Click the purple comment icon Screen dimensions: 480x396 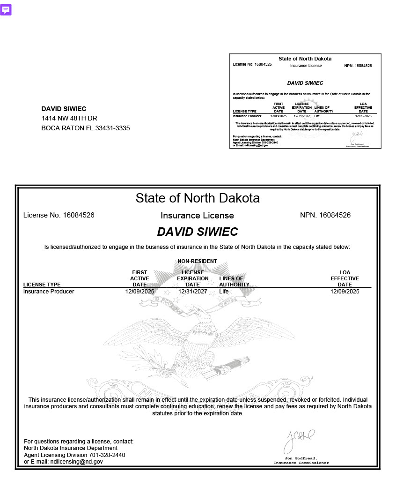coord(6,10)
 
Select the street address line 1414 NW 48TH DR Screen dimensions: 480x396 coord(69,118)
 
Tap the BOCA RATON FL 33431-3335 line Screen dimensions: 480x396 coord(86,128)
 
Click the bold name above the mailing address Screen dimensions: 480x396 coord(64,109)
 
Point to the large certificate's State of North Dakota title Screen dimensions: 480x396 coord(198,198)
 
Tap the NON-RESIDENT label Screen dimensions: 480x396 coord(197,261)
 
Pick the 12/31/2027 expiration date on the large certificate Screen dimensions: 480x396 coord(192,292)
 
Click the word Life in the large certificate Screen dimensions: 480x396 coord(224,292)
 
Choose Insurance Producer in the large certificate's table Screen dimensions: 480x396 coord(49,292)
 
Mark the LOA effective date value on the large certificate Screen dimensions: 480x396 coord(345,292)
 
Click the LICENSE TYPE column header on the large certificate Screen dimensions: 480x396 coord(42,285)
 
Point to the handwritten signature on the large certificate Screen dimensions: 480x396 coord(299,439)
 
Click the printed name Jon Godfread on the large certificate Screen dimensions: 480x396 coord(301,458)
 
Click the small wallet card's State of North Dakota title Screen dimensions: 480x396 coord(305,59)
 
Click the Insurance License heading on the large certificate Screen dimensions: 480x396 coord(197,216)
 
